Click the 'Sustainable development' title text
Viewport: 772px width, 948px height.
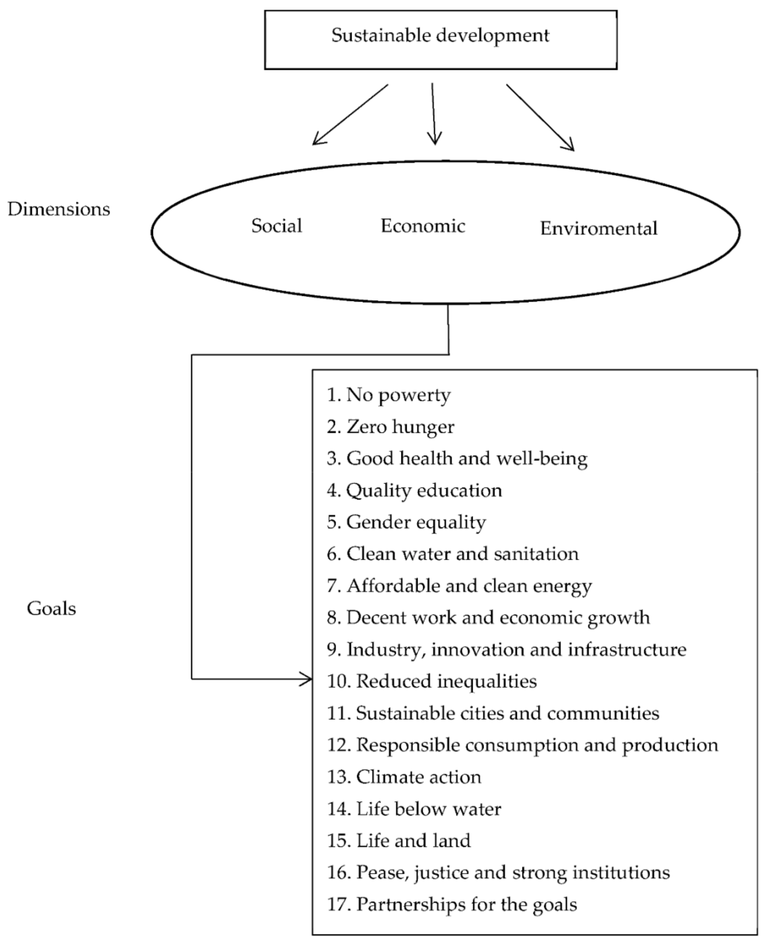coord(440,35)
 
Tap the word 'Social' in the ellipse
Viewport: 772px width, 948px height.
coord(277,226)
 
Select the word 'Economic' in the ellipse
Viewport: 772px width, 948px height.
coord(422,226)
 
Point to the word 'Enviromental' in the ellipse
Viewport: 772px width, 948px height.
coord(599,229)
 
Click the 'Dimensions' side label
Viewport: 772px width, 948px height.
coord(59,209)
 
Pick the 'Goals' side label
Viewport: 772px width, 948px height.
coord(51,608)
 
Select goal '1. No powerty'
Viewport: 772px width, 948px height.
coord(389,395)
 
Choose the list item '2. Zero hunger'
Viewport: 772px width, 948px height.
coord(390,427)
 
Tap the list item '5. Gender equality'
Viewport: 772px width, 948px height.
coord(406,522)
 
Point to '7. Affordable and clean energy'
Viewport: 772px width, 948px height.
coord(459,586)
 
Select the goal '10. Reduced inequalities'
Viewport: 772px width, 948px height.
coord(432,681)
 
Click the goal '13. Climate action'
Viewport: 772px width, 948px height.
coord(404,777)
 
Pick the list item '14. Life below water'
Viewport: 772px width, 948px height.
coord(414,809)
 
